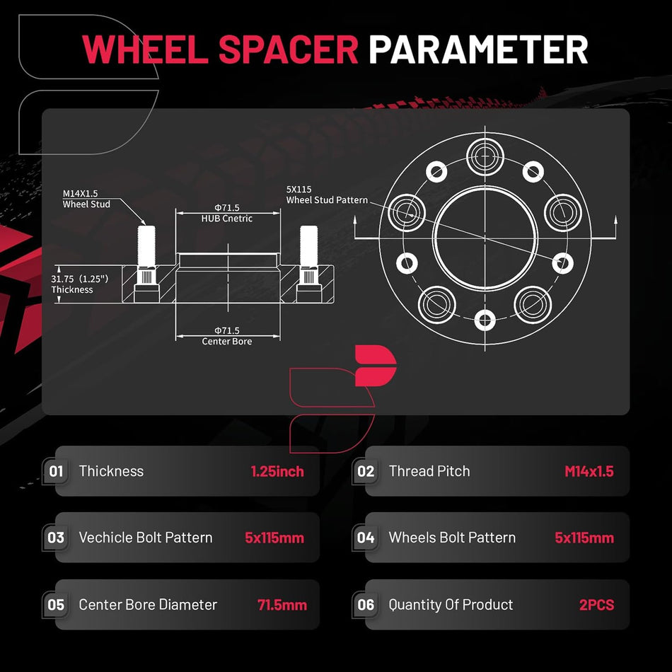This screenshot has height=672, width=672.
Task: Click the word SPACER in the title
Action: [288, 50]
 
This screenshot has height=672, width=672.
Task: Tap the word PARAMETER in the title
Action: [478, 50]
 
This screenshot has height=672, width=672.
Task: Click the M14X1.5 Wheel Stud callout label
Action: [86, 199]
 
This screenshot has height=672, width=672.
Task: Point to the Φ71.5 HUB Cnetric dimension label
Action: [227, 213]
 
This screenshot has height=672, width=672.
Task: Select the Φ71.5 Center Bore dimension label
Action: [227, 336]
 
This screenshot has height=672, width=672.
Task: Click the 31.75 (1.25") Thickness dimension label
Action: [79, 284]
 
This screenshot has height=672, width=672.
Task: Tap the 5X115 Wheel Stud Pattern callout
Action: [327, 195]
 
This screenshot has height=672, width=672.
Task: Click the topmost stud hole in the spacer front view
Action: [485, 156]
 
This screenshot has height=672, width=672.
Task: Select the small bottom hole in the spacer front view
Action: [485, 320]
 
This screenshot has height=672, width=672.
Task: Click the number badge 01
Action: [56, 471]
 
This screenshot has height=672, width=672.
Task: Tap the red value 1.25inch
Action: [277, 471]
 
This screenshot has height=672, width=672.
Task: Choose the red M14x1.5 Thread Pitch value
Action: [589, 471]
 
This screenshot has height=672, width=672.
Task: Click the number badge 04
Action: [366, 538]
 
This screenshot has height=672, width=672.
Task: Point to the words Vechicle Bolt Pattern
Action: [146, 538]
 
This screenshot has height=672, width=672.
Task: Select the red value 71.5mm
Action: [282, 605]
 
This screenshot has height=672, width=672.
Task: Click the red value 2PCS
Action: [596, 605]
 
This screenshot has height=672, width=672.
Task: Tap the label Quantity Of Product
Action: [451, 605]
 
